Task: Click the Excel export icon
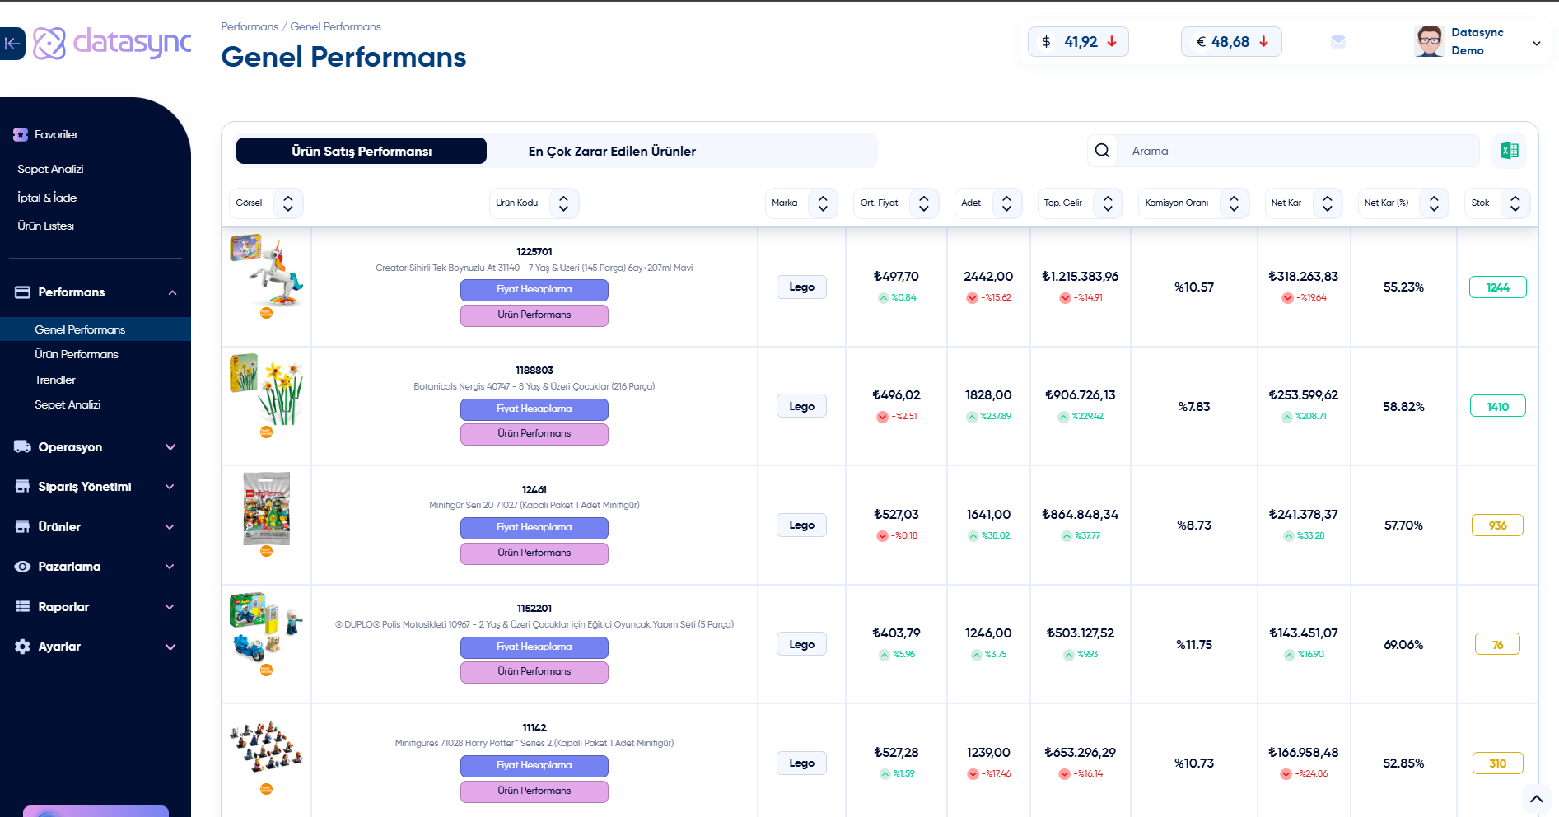[x=1509, y=151]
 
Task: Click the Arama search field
[x=1297, y=151]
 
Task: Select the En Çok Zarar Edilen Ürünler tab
[x=612, y=151]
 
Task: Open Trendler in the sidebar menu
[x=55, y=380]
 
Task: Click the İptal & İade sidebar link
[x=47, y=198]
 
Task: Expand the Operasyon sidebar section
[x=95, y=447]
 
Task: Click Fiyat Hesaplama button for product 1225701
[x=534, y=289]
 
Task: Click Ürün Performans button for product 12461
[x=534, y=553]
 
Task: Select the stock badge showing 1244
[x=1497, y=287]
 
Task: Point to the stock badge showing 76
[x=1497, y=644]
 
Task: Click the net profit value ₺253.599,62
[x=1303, y=395]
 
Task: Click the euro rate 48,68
[x=1230, y=42]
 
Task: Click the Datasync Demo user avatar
[x=1429, y=41]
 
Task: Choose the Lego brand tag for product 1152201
[x=801, y=644]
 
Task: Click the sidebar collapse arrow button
[x=12, y=44]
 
